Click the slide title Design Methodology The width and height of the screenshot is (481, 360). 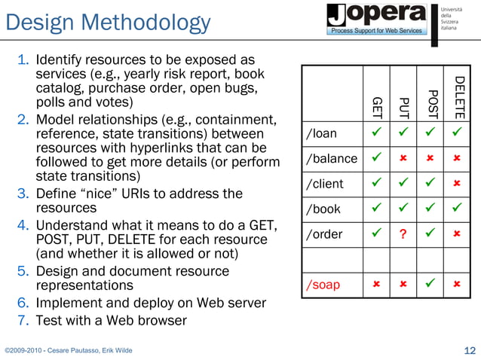point(108,23)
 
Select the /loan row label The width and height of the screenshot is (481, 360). point(321,134)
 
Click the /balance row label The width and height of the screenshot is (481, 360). point(331,159)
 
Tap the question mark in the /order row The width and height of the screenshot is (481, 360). point(403,234)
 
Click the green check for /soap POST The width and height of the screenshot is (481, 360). point(430,285)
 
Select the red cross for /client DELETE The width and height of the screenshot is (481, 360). point(457,184)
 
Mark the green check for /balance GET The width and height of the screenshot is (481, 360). point(376,159)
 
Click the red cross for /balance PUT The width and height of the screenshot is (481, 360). point(403,159)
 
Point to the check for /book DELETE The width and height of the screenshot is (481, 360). point(457,209)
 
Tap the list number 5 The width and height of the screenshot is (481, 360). point(23,270)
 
